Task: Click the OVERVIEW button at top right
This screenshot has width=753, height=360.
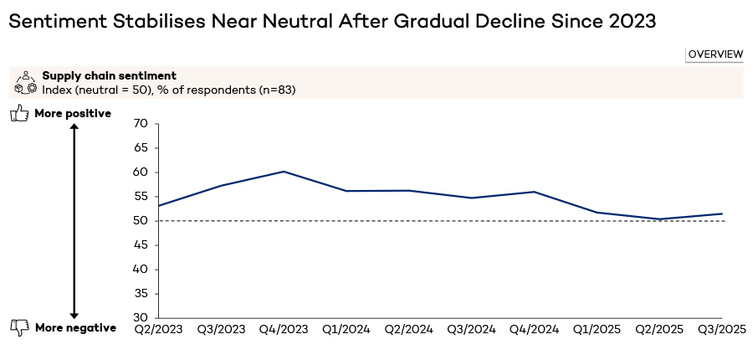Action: [x=715, y=54]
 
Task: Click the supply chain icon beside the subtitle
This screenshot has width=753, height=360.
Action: [x=26, y=82]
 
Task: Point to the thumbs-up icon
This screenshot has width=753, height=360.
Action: [x=19, y=114]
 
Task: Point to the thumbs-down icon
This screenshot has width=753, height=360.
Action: [x=19, y=327]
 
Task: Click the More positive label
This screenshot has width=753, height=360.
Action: [x=73, y=114]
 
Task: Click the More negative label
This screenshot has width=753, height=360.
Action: [x=75, y=328]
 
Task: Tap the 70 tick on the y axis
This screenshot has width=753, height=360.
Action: [x=141, y=124]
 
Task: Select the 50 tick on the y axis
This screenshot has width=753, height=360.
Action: [x=141, y=221]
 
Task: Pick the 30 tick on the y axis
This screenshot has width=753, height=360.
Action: [x=141, y=318]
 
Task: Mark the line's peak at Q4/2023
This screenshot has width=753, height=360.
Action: [x=284, y=172]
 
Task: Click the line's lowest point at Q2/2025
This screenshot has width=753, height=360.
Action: [x=659, y=219]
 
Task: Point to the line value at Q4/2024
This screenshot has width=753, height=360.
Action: [x=534, y=192]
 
